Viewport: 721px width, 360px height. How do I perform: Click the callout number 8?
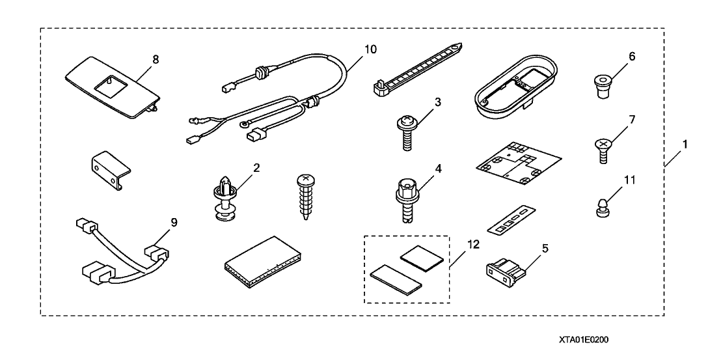coord(156,59)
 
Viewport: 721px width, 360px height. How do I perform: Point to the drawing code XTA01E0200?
coord(586,340)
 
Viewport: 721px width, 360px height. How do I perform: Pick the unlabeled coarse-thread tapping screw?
coord(308,196)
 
